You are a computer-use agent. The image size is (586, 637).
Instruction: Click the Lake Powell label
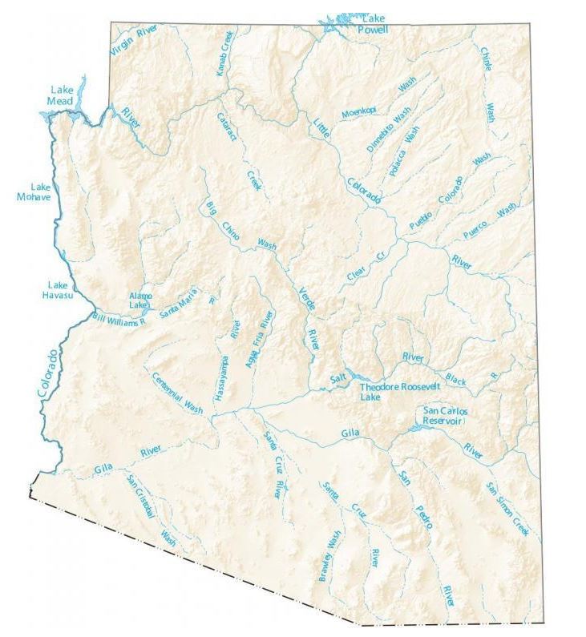(x=375, y=23)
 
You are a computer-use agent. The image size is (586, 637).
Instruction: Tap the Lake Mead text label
(x=60, y=95)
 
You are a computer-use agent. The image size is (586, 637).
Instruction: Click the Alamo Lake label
(x=139, y=300)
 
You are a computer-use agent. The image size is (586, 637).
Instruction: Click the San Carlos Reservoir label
(x=445, y=416)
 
